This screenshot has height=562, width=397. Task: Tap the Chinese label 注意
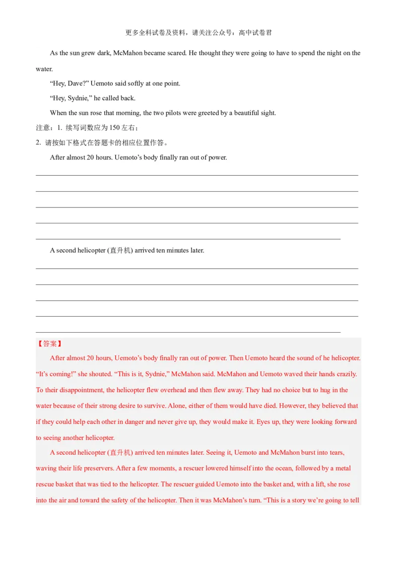coord(43,128)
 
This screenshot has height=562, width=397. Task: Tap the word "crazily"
coord(345,374)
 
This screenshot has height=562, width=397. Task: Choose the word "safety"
coord(128,500)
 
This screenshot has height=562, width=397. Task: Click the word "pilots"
coord(170,113)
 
